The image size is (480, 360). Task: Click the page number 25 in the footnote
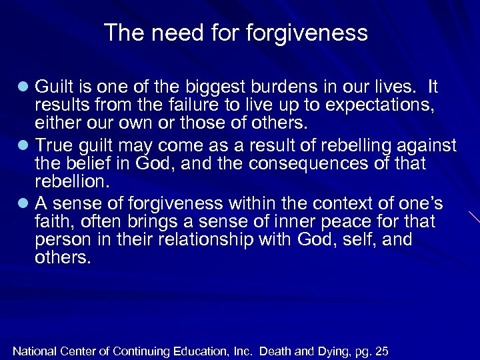pos(381,351)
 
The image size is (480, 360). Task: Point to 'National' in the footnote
pos(34,351)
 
